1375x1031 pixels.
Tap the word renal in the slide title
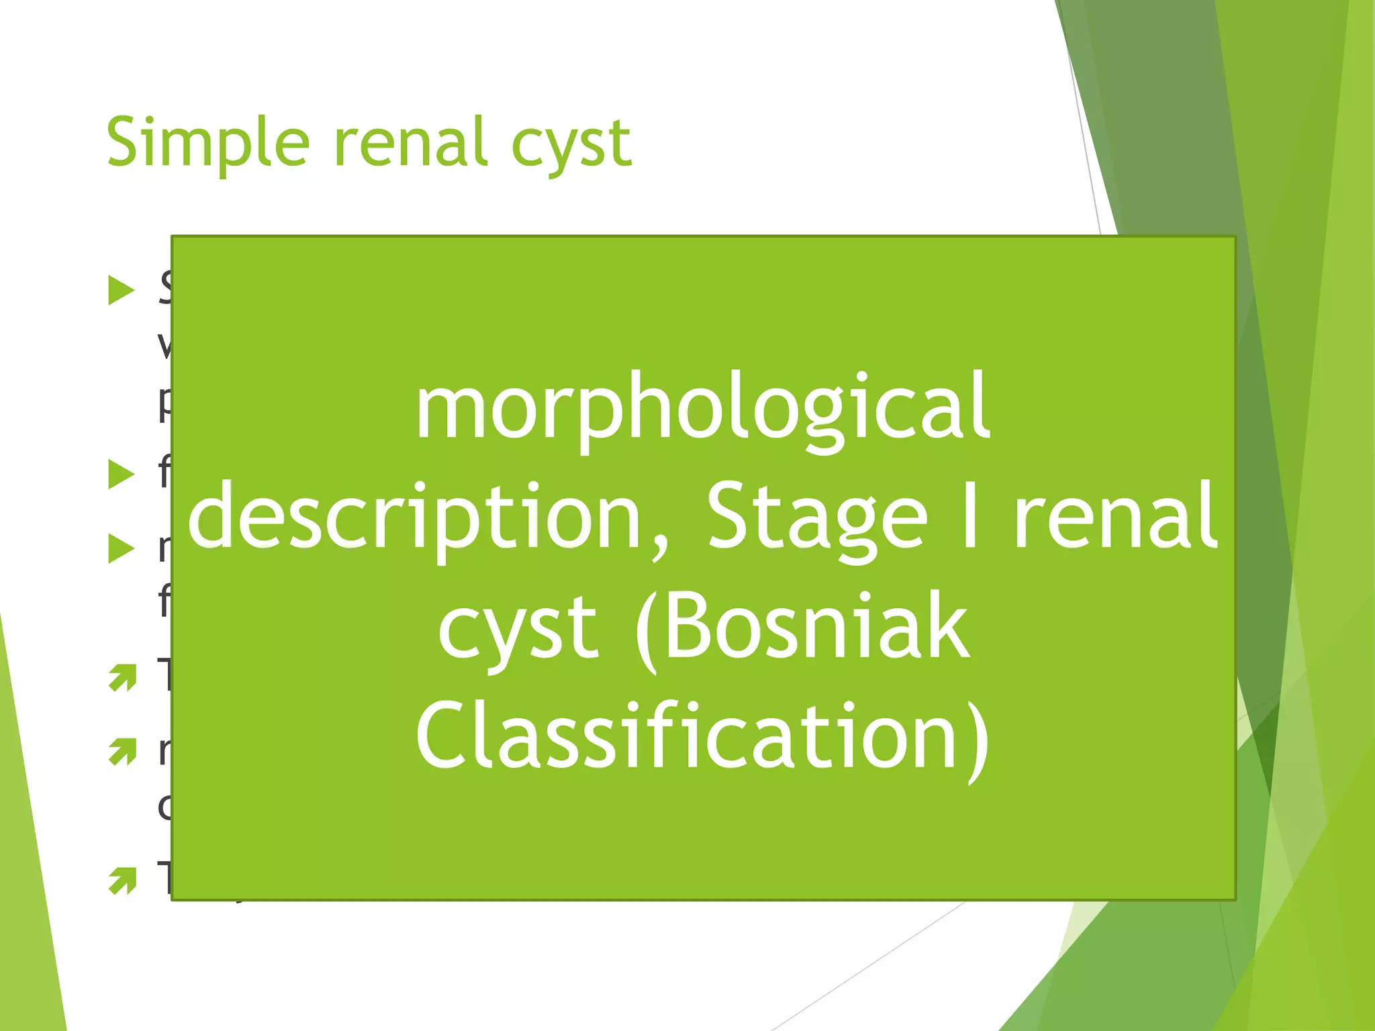[411, 142]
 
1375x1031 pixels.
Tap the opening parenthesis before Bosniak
[647, 631]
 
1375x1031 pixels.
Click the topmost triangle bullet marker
[122, 291]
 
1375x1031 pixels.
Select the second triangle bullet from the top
[122, 475]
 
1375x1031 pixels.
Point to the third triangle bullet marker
[122, 549]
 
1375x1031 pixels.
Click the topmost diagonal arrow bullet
[122, 678]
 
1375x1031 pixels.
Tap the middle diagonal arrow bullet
[122, 752]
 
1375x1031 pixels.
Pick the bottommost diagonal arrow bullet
[122, 881]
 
